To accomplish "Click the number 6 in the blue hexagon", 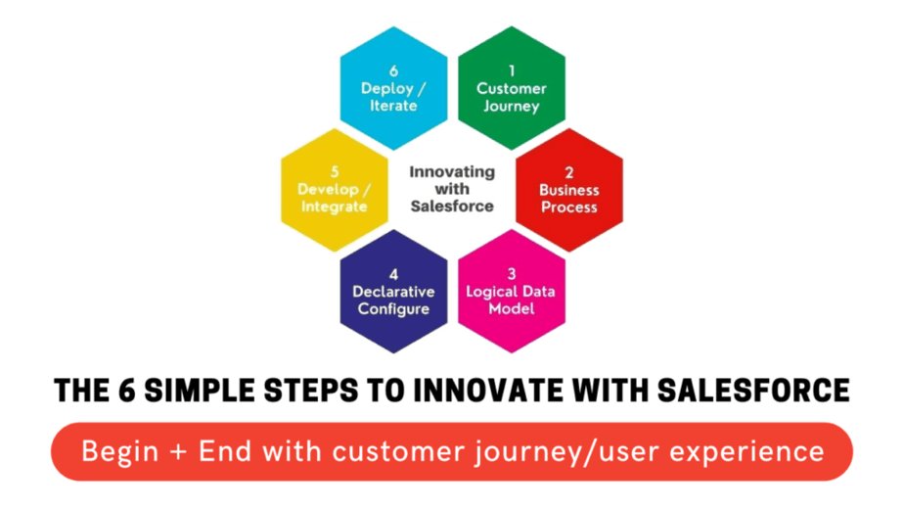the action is [393, 71].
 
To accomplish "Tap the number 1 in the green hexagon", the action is [512, 71].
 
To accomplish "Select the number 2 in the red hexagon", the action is [569, 172].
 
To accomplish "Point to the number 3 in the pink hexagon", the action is [512, 273].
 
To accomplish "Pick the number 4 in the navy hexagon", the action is [393, 274].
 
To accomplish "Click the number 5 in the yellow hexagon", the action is [335, 172].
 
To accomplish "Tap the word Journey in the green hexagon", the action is [512, 107].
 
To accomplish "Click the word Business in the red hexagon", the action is [569, 190].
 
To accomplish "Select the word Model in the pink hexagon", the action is [512, 308].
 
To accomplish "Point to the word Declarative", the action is [393, 292].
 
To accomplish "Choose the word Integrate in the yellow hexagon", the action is [335, 208].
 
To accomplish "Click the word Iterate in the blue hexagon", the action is [393, 106].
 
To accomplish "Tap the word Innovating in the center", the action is [452, 172].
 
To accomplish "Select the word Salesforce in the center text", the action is [452, 206].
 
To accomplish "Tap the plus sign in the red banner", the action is [179, 451].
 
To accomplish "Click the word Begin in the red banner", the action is [120, 451].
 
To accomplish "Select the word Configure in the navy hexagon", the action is [393, 309].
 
